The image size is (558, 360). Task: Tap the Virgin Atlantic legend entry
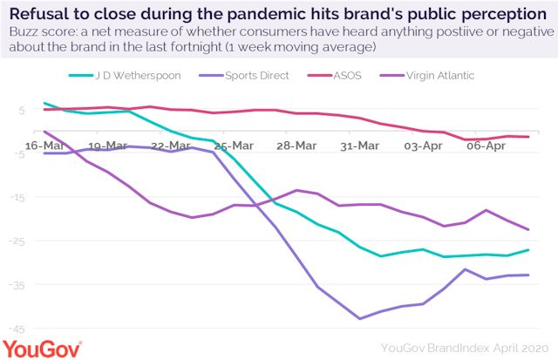click(x=440, y=75)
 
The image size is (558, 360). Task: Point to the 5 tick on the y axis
click(x=19, y=111)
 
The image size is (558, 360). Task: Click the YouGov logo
click(x=42, y=348)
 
